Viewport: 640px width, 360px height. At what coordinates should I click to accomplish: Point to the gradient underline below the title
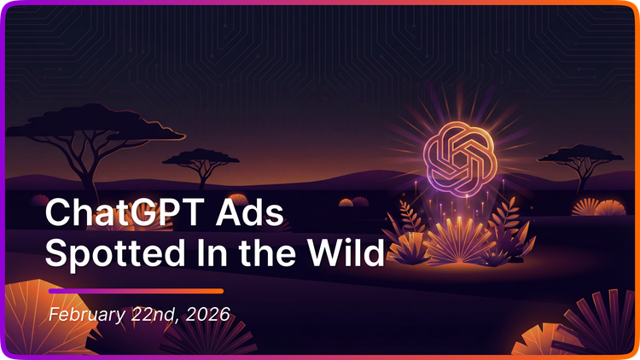point(136,291)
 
